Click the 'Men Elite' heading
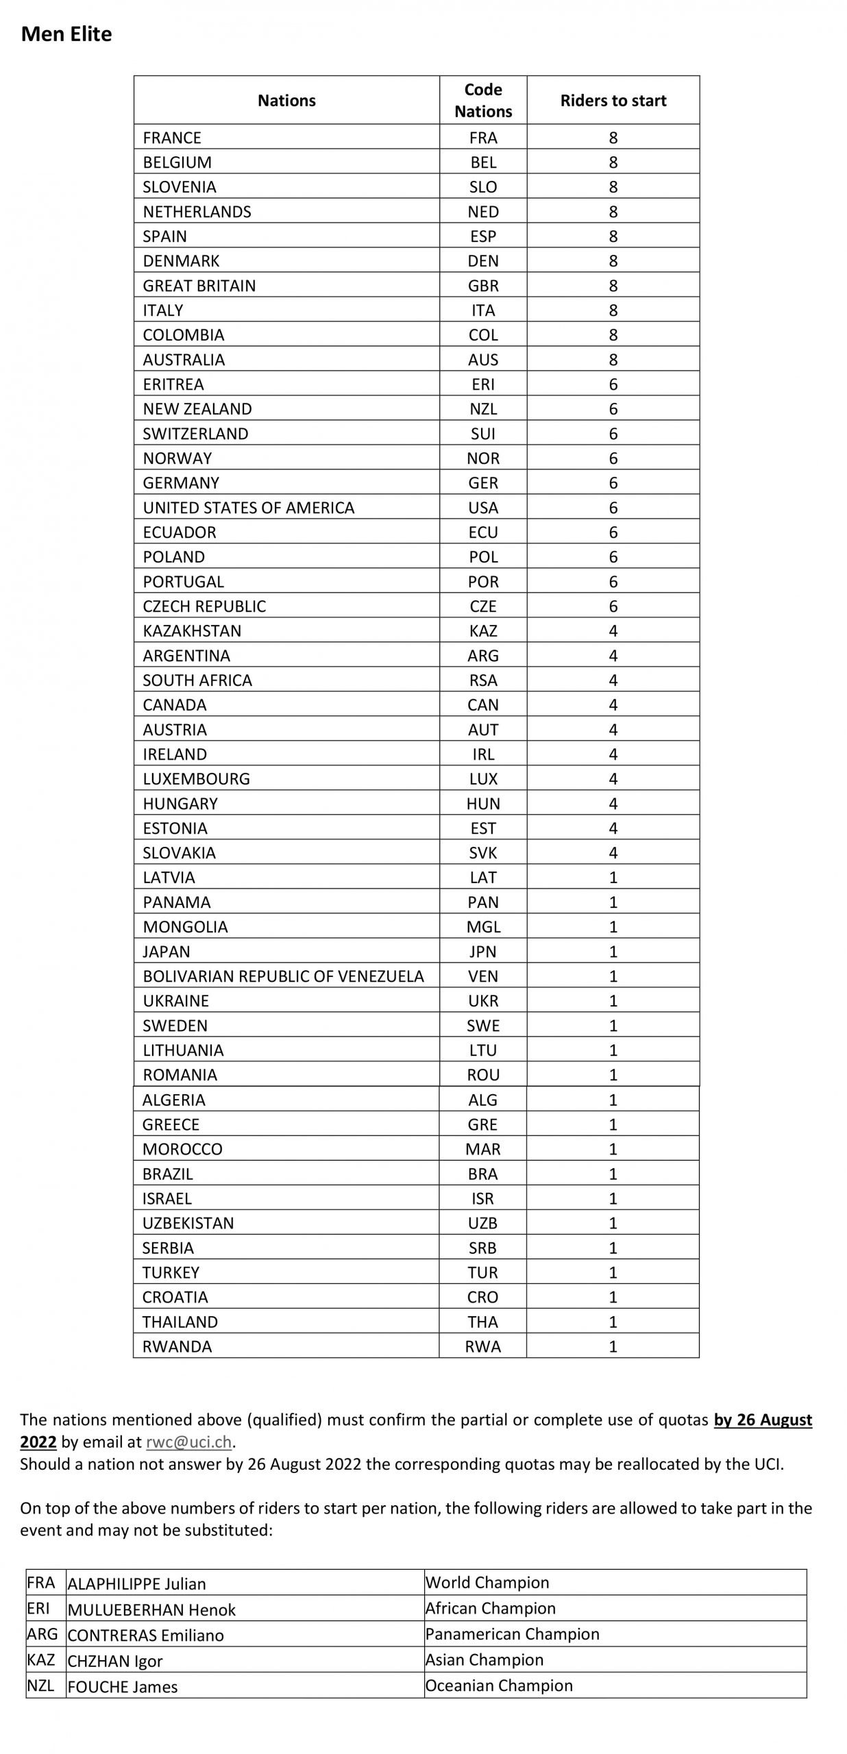click(66, 34)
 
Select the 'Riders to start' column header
click(613, 101)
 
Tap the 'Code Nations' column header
click(483, 100)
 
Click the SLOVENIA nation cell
click(180, 187)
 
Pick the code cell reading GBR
click(483, 286)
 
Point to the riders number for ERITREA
click(613, 384)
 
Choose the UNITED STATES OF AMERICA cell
click(249, 508)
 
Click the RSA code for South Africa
click(483, 680)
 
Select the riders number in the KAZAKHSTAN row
click(613, 631)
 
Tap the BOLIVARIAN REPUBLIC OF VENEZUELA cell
click(283, 976)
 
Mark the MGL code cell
click(483, 927)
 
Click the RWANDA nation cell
click(177, 1346)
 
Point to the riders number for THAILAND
click(613, 1322)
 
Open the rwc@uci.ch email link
click(188, 1442)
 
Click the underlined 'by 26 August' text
click(763, 1420)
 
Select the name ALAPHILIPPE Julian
click(136, 1584)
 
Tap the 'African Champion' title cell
click(490, 1608)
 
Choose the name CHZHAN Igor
click(115, 1661)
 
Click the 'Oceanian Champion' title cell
click(498, 1685)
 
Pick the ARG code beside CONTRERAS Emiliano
click(42, 1634)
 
